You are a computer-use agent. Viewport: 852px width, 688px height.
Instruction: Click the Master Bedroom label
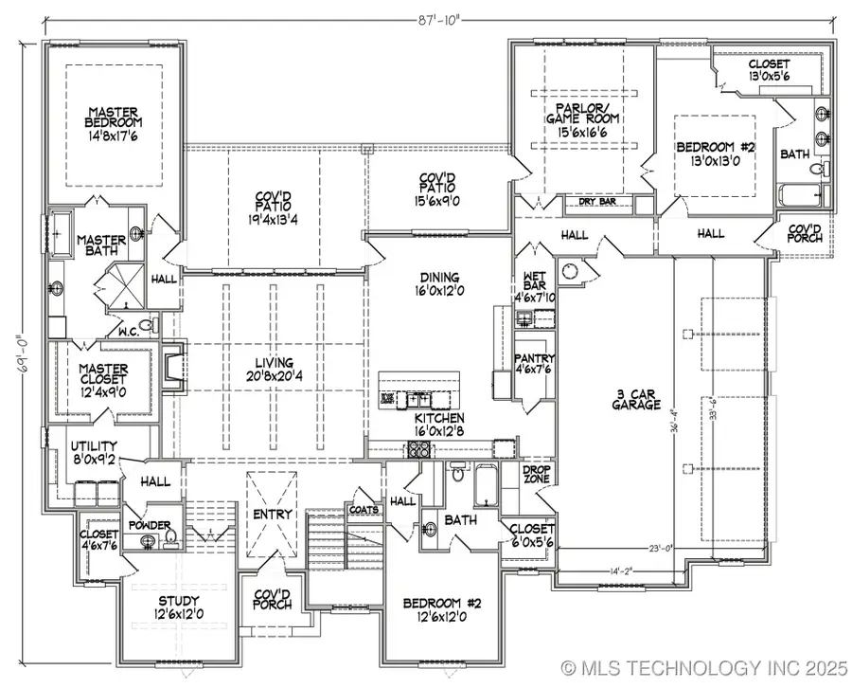115,123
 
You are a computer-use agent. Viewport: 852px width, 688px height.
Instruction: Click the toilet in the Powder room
171,538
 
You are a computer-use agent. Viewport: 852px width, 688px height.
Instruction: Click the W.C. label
130,332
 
